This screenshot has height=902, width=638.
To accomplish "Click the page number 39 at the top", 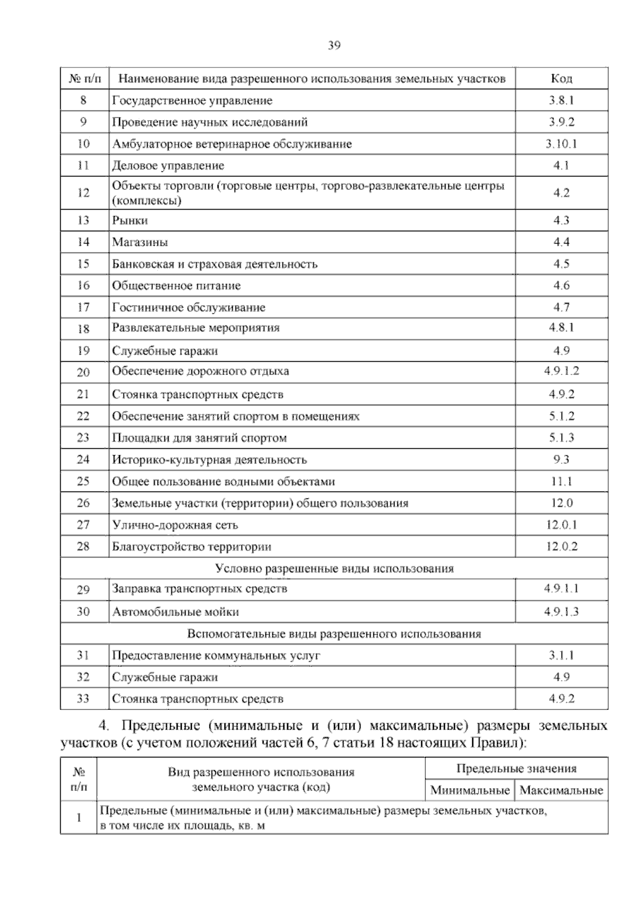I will click(x=333, y=45).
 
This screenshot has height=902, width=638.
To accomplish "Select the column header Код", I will click(x=561, y=79).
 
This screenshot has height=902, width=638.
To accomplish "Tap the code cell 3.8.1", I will click(x=561, y=101).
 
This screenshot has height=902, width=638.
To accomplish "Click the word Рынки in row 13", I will click(x=130, y=220).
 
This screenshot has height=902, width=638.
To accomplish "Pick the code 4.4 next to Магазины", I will click(x=561, y=242).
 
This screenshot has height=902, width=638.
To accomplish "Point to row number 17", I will click(x=83, y=307).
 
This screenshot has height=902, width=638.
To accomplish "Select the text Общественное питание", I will click(x=176, y=286).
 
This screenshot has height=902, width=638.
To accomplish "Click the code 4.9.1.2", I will click(x=561, y=371).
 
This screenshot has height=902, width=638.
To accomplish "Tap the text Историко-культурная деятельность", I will click(x=209, y=460).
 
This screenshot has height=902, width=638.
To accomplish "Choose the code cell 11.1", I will click(x=561, y=481).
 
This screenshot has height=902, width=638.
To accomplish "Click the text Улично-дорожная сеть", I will click(x=175, y=525).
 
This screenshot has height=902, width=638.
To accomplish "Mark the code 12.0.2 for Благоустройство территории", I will click(x=561, y=547).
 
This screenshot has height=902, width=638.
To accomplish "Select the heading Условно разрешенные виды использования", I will click(x=334, y=569).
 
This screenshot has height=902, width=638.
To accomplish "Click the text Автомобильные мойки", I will click(x=175, y=612).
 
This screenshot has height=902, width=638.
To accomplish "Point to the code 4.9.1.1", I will click(x=561, y=589).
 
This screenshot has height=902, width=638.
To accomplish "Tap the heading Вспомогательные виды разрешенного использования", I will click(x=334, y=634).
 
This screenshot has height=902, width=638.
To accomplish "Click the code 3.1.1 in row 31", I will click(x=561, y=656).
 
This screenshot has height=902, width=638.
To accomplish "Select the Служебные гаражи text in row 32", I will click(x=165, y=678).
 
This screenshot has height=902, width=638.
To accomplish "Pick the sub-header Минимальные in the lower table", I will click(x=470, y=790).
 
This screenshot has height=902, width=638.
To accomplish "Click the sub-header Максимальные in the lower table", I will click(x=561, y=790).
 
